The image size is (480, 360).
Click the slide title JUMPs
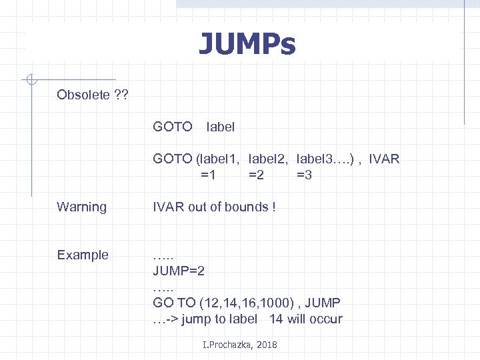247,45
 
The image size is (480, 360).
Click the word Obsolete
83,95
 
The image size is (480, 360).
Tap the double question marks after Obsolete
121,95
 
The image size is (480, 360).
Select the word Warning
82,207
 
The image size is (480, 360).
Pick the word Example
83,255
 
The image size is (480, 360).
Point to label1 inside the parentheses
219,159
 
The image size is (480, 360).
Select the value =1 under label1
208,175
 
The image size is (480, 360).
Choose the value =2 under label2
256,175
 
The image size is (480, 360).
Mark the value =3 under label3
304,175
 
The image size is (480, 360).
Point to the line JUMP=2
179,271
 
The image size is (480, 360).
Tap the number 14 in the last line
276,319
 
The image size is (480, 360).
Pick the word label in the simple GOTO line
221,126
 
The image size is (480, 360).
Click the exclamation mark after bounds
273,207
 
